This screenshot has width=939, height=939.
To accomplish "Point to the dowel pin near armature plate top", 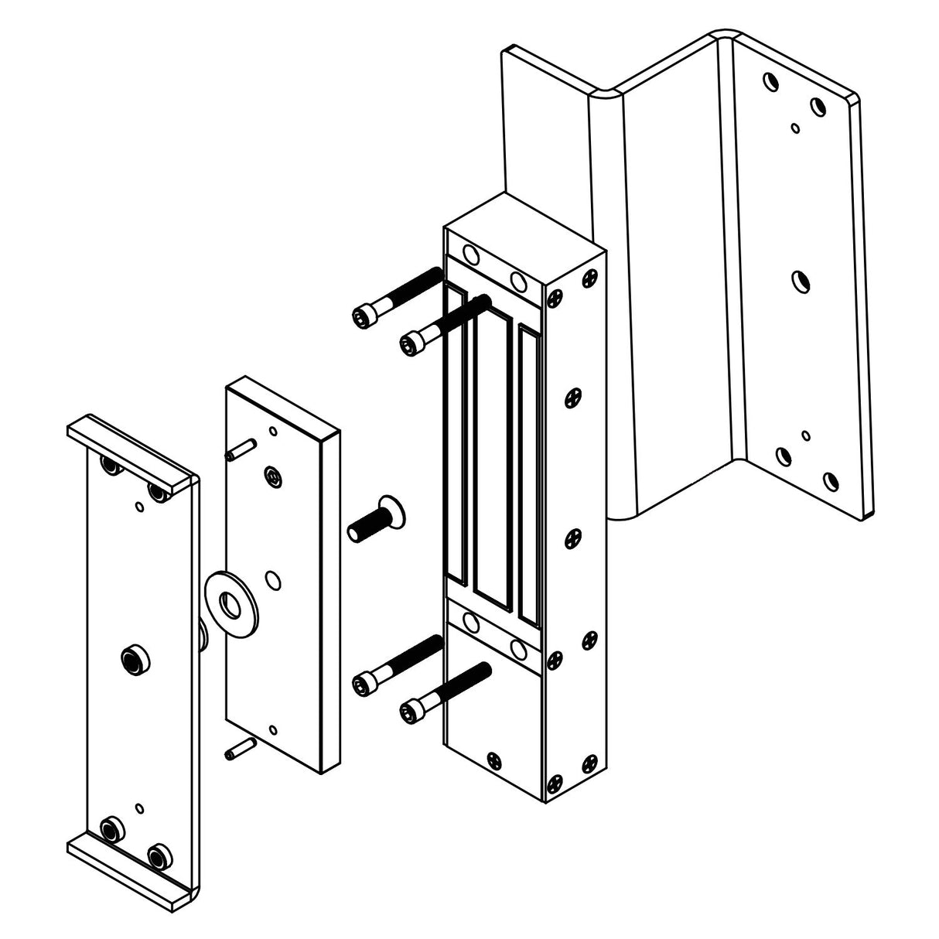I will pos(241,449).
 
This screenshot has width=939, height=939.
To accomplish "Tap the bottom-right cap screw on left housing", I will pos(160,855).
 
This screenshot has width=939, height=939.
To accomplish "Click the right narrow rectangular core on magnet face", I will pos(530,472).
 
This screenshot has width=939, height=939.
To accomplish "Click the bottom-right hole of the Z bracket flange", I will pos(829,482).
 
